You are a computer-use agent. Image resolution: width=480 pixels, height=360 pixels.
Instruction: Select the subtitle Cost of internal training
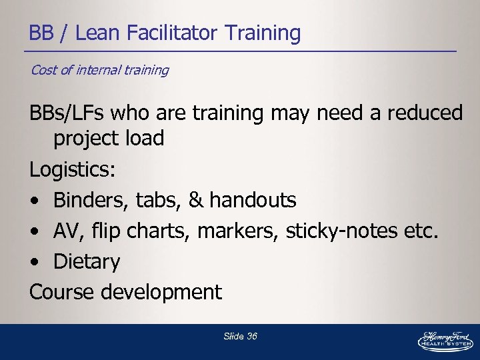(x=99, y=70)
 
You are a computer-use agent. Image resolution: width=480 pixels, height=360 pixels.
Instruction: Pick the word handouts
(x=255, y=199)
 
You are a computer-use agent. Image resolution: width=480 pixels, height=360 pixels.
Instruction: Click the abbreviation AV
(x=66, y=231)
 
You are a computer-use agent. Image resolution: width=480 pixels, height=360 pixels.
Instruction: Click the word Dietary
(x=87, y=261)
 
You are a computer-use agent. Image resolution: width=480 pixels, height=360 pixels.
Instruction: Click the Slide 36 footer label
(x=240, y=336)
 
